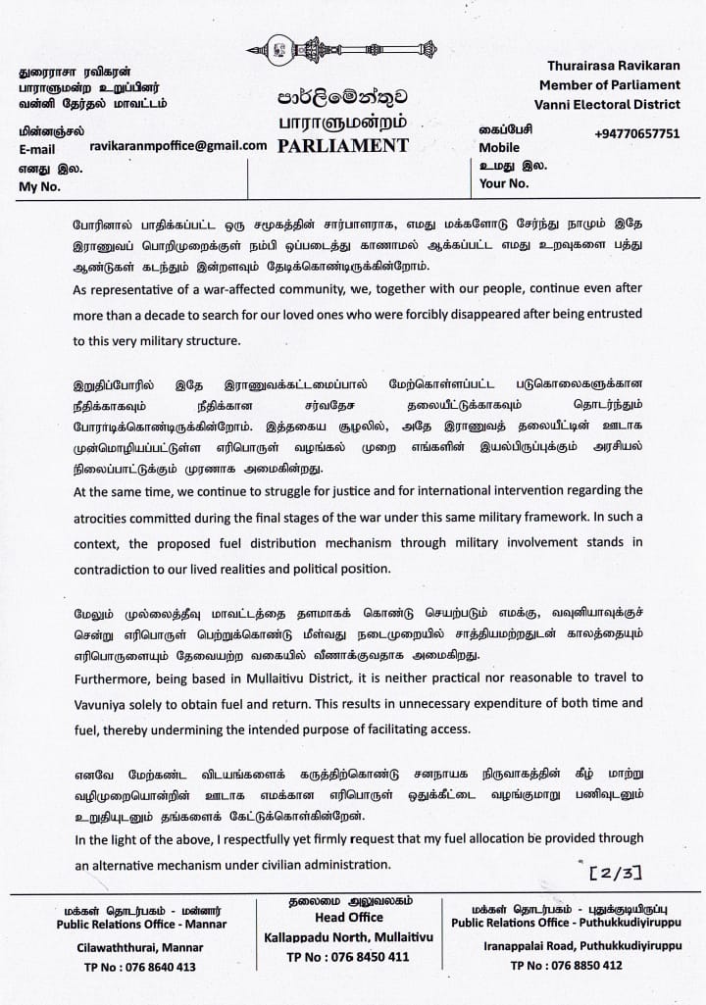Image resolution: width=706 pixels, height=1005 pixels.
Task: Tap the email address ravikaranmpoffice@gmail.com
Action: click(177, 145)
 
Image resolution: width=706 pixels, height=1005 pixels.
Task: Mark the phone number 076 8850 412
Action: click(566, 965)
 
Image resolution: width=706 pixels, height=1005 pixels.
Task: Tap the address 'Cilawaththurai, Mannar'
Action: click(135, 947)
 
